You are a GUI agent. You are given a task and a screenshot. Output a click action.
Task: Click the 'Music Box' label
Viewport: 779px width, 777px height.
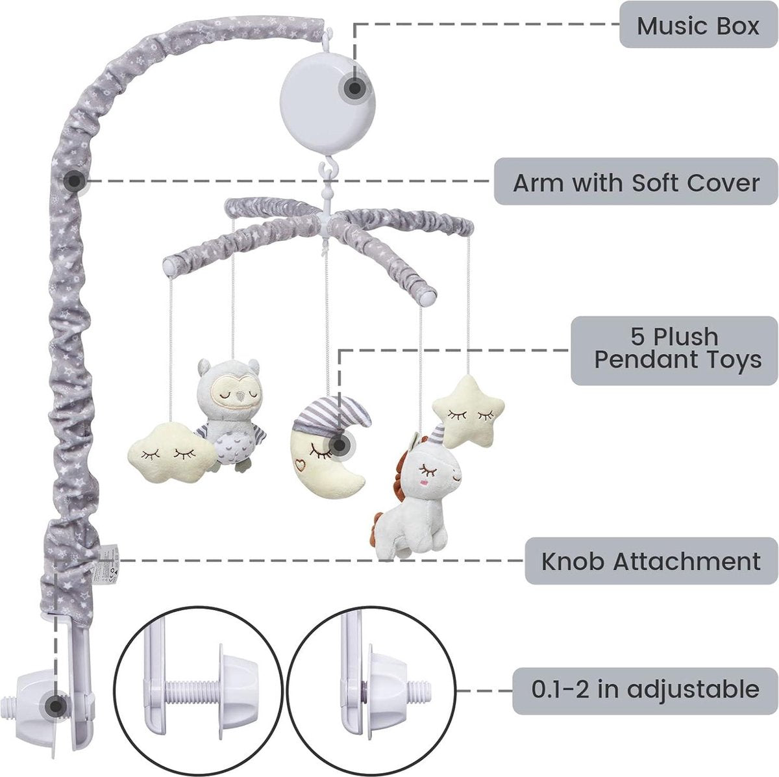[699, 25]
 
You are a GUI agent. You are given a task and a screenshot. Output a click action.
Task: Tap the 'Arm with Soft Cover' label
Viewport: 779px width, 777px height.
[636, 182]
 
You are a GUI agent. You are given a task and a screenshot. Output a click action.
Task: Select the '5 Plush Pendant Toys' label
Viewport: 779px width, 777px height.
[674, 350]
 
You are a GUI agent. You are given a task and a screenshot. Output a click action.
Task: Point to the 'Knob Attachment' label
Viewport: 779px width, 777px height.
[651, 561]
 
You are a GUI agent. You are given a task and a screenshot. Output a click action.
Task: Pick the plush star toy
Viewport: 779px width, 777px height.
[469, 412]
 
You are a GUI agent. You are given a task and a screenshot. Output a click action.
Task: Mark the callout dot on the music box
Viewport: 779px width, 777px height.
[355, 88]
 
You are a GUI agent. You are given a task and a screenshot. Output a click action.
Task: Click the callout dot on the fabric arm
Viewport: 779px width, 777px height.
[75, 181]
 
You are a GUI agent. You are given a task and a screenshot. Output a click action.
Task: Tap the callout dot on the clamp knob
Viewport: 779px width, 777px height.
[56, 706]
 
